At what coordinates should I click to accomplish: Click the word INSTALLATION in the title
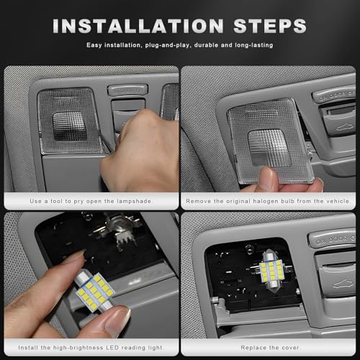click(x=138, y=26)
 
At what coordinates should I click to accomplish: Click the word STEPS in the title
click(x=270, y=26)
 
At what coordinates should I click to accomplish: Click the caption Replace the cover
click(x=270, y=348)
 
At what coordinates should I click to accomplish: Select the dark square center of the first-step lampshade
click(x=70, y=126)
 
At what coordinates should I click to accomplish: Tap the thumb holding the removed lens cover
click(x=266, y=179)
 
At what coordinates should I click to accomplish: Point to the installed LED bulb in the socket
click(x=271, y=271)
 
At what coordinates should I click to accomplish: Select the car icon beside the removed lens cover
click(x=345, y=127)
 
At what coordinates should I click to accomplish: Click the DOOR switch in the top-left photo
click(x=127, y=90)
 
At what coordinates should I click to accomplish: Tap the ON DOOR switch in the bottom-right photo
click(x=334, y=239)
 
